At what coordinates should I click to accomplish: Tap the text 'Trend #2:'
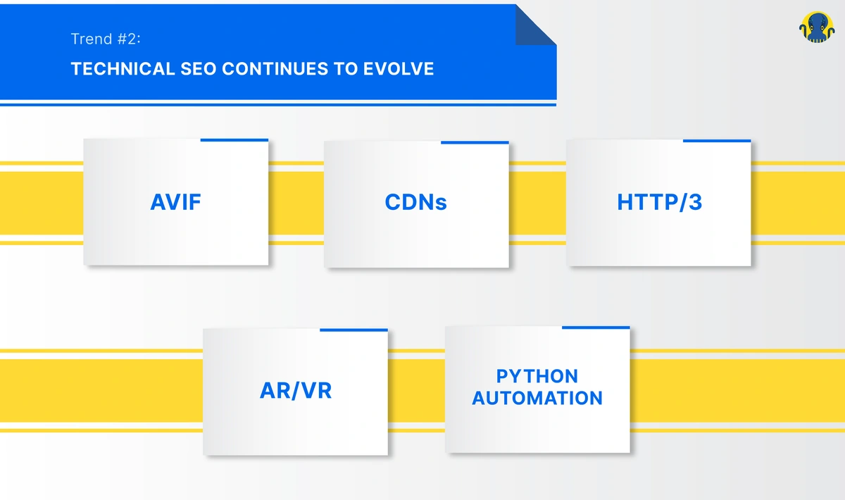pos(106,39)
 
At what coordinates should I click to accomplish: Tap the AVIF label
pos(176,203)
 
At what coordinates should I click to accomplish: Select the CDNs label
pos(416,203)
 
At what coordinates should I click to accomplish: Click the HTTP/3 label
pos(659,203)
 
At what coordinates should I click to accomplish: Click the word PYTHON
pos(537,376)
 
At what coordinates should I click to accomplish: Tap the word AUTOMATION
pos(537,399)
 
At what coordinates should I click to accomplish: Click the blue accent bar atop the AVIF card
pos(234,140)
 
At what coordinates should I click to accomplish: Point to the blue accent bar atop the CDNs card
pos(475,142)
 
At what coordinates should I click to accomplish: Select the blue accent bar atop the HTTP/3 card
pos(717,141)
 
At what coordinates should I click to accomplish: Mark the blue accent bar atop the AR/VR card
pos(353,330)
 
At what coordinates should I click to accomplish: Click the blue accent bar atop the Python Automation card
pos(596,327)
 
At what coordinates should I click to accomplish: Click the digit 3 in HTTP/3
pos(694,203)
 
